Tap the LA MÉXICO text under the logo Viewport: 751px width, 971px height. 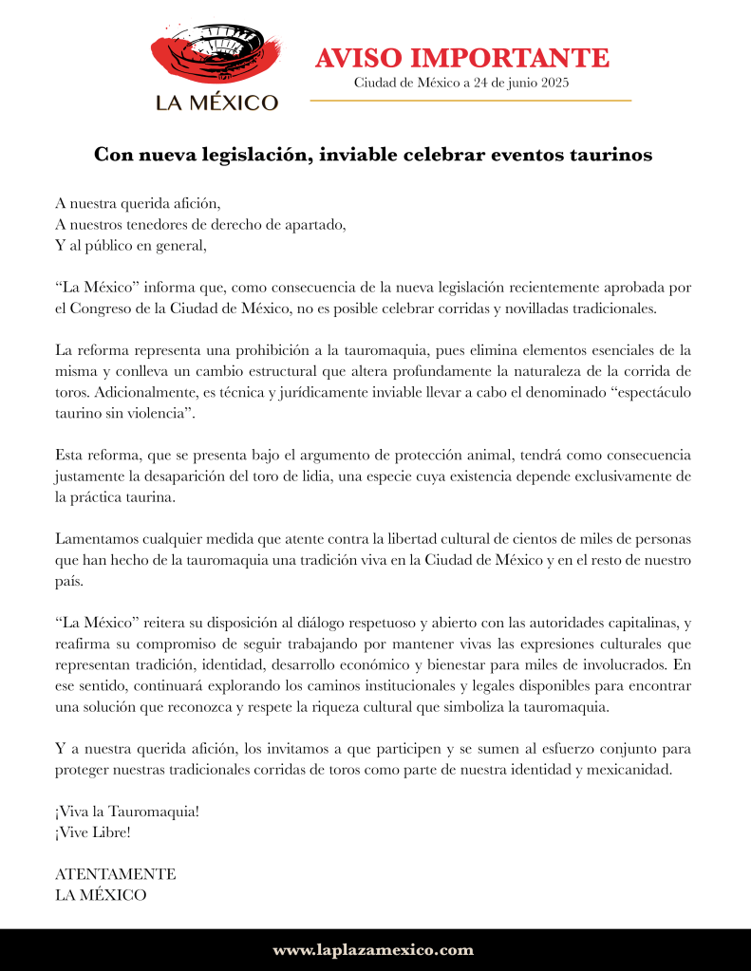217,103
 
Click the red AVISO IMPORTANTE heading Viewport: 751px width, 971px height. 461,57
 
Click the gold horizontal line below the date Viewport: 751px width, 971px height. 471,100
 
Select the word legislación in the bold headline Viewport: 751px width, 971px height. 242,156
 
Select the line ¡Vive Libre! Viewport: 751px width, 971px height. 93,832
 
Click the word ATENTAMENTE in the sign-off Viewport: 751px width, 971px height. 116,874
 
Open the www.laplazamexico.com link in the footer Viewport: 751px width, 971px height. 373,950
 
